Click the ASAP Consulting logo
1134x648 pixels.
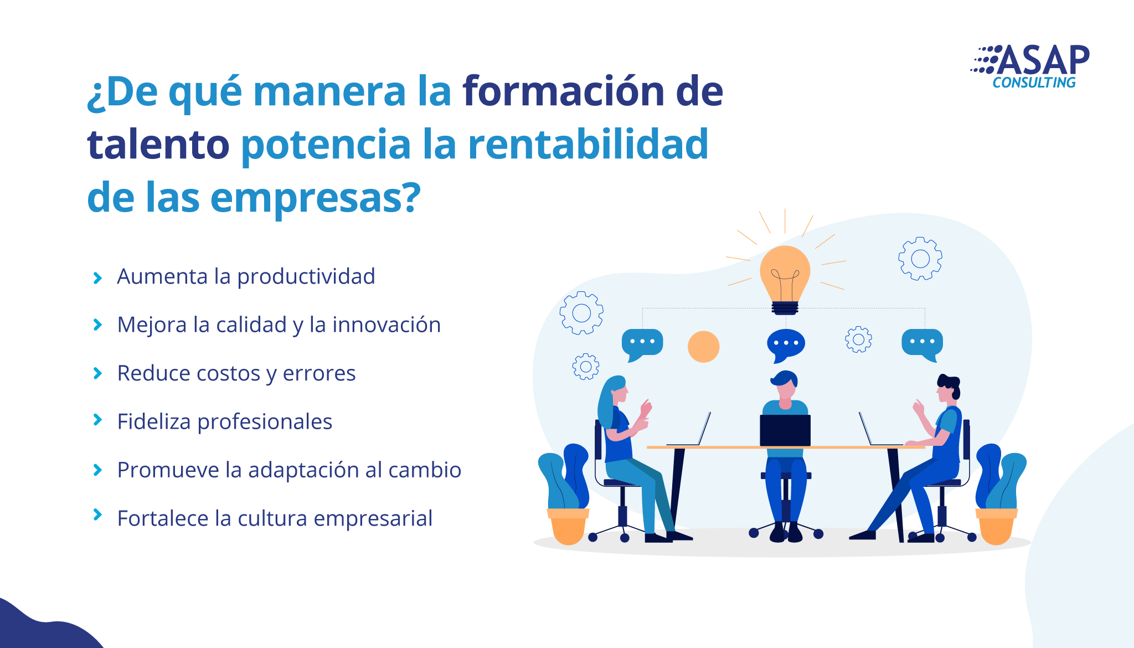[x=1030, y=66]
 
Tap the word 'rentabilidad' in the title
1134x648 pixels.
[x=588, y=143]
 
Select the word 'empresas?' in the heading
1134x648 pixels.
[x=316, y=198]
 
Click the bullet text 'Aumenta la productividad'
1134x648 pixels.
[x=246, y=276]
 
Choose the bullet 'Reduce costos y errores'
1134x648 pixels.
[x=236, y=373]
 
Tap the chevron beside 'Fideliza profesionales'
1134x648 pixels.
[x=97, y=420]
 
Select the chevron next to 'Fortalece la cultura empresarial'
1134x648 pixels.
[x=97, y=515]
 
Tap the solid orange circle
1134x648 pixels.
[x=703, y=347]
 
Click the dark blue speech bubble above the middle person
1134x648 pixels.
[x=786, y=344]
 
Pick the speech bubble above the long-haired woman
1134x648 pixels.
[x=642, y=344]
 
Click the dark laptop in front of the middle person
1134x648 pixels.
[x=785, y=430]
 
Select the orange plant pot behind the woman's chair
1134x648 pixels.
[x=568, y=526]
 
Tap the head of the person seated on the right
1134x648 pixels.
[x=948, y=388]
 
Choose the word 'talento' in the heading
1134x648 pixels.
[x=158, y=143]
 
